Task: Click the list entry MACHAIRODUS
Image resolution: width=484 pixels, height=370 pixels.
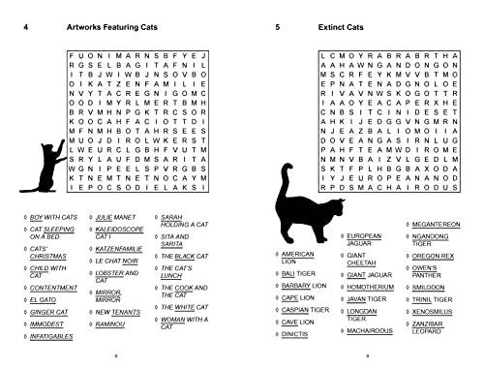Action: (372, 329)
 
